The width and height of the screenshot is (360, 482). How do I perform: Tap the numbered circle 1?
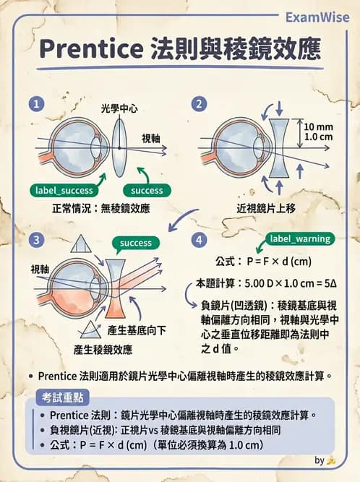click(x=34, y=103)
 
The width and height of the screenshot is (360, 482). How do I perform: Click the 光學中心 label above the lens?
click(x=119, y=109)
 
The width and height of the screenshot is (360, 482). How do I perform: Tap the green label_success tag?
click(x=66, y=191)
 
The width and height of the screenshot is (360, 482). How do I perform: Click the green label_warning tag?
click(x=299, y=238)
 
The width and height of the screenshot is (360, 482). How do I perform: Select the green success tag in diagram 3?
click(x=136, y=243)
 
